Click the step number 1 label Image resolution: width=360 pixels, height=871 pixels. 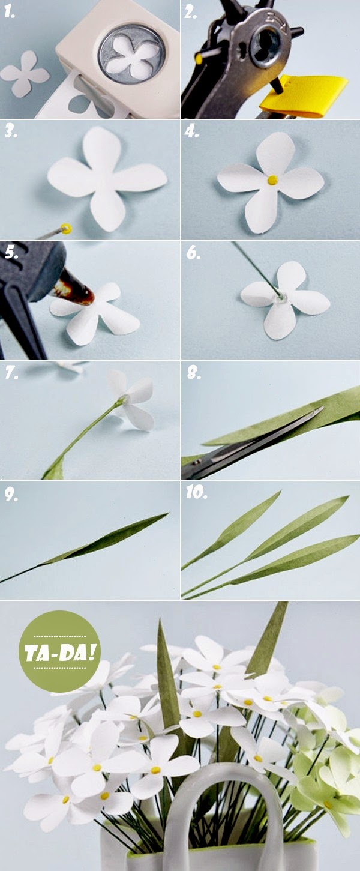tap(10, 13)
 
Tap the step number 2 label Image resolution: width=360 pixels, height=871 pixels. tap(190, 13)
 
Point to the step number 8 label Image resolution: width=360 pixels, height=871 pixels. tap(194, 373)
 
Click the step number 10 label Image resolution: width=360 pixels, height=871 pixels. tap(197, 492)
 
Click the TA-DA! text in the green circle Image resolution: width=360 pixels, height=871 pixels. tap(60, 653)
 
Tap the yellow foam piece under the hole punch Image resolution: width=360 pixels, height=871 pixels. tap(304, 95)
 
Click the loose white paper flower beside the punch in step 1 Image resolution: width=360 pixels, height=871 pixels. tap(25, 73)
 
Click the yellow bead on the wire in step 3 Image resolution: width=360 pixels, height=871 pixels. tap(67, 228)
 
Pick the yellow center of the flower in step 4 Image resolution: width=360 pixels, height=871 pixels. tap(273, 180)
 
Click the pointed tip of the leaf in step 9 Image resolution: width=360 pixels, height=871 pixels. tap(167, 514)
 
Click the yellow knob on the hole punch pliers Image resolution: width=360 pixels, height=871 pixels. tap(199, 59)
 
